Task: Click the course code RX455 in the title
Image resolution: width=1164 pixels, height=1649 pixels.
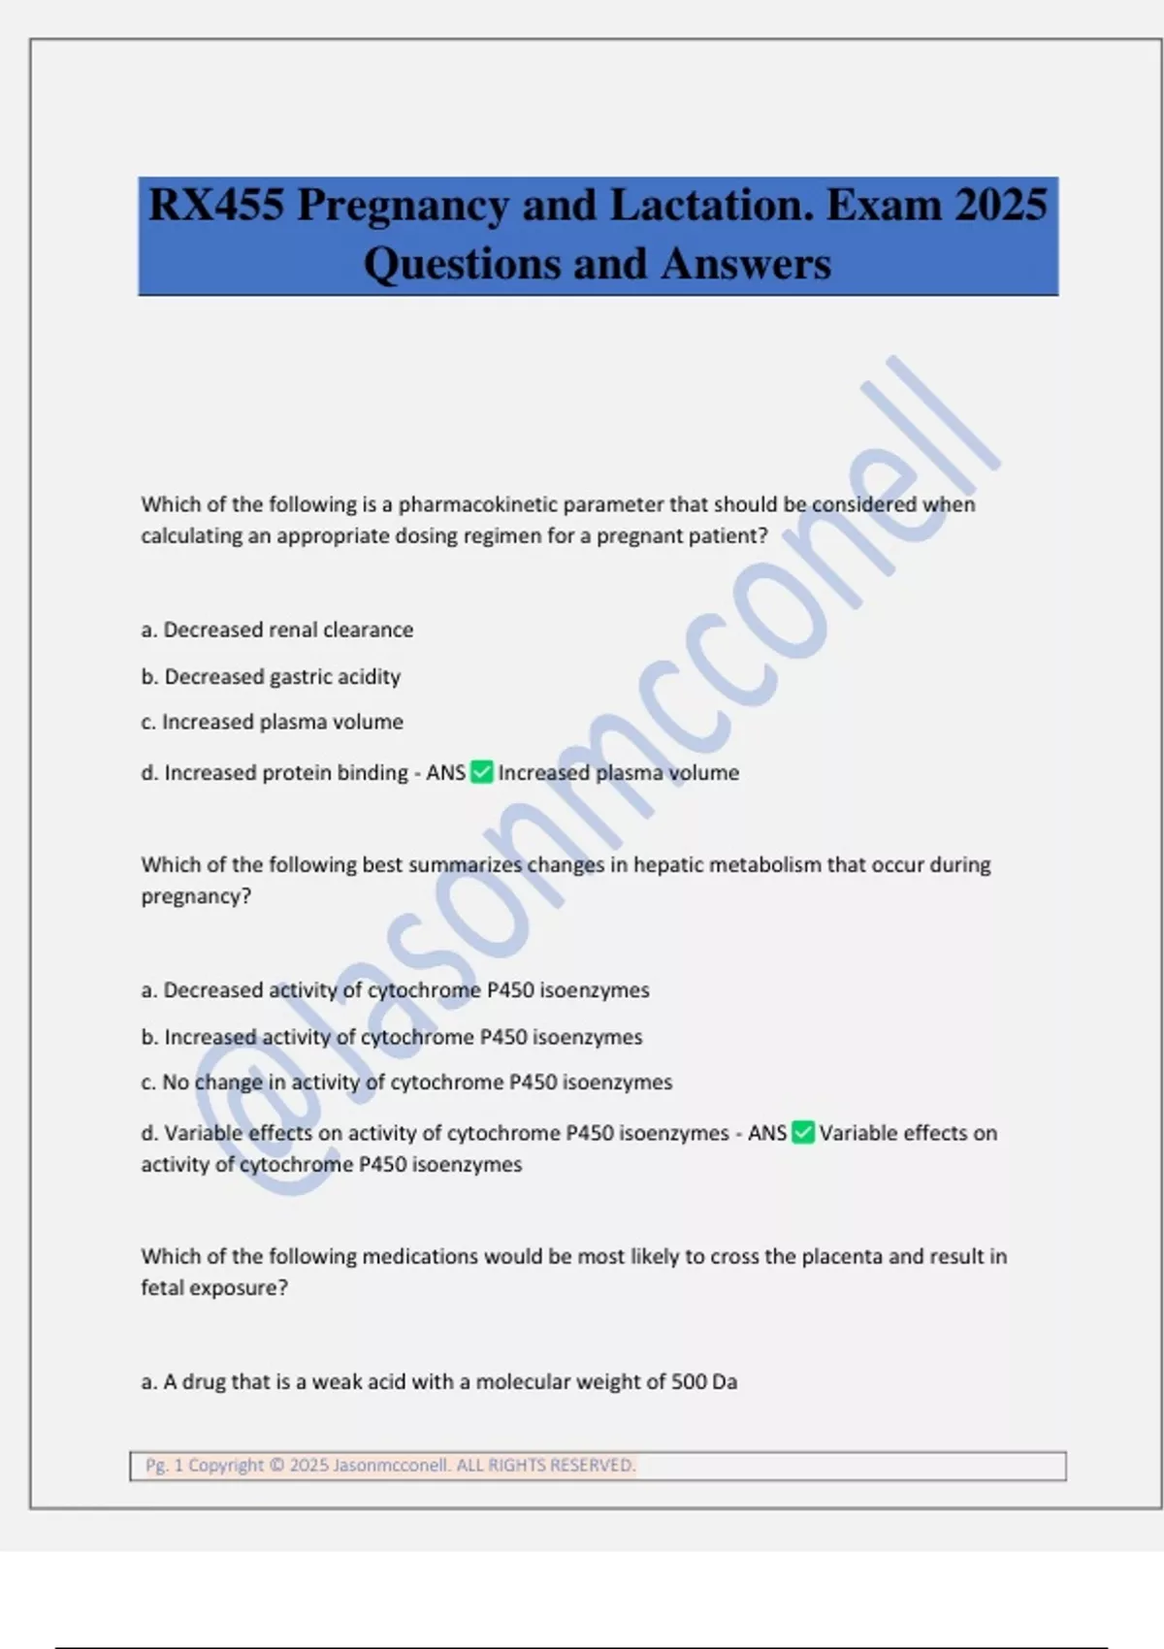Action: [215, 206]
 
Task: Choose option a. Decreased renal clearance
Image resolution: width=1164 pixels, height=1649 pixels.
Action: [277, 630]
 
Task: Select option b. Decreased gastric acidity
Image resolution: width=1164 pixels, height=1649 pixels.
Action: [271, 677]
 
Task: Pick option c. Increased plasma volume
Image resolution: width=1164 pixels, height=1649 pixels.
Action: [273, 723]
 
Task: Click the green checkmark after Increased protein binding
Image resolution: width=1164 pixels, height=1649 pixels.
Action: [481, 773]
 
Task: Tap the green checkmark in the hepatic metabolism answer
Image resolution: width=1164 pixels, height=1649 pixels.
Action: [802, 1133]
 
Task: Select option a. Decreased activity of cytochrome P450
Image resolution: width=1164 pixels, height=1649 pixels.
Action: [395, 990]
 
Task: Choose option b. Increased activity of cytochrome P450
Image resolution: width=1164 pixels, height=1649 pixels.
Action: [392, 1037]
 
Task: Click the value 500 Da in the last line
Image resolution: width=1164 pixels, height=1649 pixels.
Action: [703, 1382]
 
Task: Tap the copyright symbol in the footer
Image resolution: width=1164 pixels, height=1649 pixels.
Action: [276, 1466]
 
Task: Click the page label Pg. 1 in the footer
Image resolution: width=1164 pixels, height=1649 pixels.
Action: [164, 1466]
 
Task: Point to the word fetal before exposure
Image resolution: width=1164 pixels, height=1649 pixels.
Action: [162, 1288]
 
